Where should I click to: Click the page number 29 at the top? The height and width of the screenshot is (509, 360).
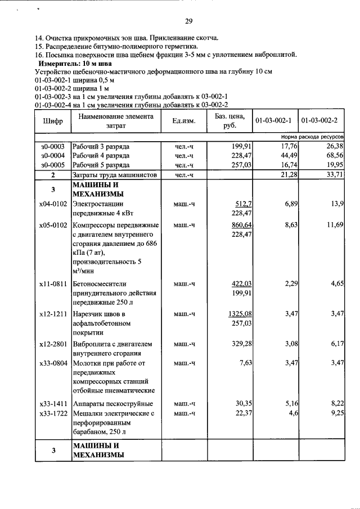tap(189, 21)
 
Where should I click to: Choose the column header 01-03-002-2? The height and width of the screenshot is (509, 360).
tap(321, 121)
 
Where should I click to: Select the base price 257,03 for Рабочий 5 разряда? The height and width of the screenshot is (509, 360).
tap(241, 165)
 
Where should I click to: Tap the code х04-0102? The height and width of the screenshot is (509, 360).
tap(53, 203)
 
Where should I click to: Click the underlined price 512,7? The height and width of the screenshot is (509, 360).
tap(243, 203)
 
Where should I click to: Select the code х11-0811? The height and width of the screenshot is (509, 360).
tap(53, 284)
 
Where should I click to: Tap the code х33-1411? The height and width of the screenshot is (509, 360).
tap(53, 404)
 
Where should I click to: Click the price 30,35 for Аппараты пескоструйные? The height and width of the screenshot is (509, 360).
tap(242, 404)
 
